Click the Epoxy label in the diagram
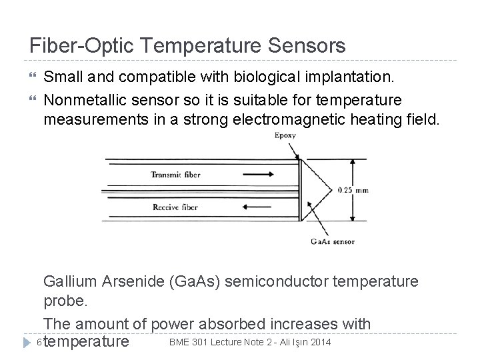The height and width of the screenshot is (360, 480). click(285, 136)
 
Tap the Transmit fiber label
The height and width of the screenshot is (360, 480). click(175, 175)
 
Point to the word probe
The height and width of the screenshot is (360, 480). click(64, 302)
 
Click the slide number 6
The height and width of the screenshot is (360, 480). click(39, 343)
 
